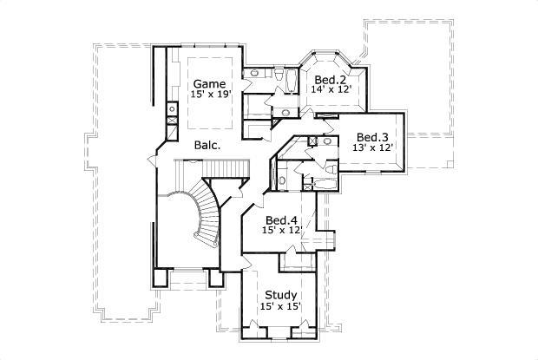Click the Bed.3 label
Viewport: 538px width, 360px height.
tap(372, 136)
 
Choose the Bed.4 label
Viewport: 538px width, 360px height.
tap(281, 219)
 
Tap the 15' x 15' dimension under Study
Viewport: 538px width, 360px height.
tap(279, 307)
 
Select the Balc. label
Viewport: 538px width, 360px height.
tap(207, 146)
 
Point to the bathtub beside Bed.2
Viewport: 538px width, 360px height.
tap(292, 82)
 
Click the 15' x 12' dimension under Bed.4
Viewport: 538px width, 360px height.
tap(281, 231)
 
